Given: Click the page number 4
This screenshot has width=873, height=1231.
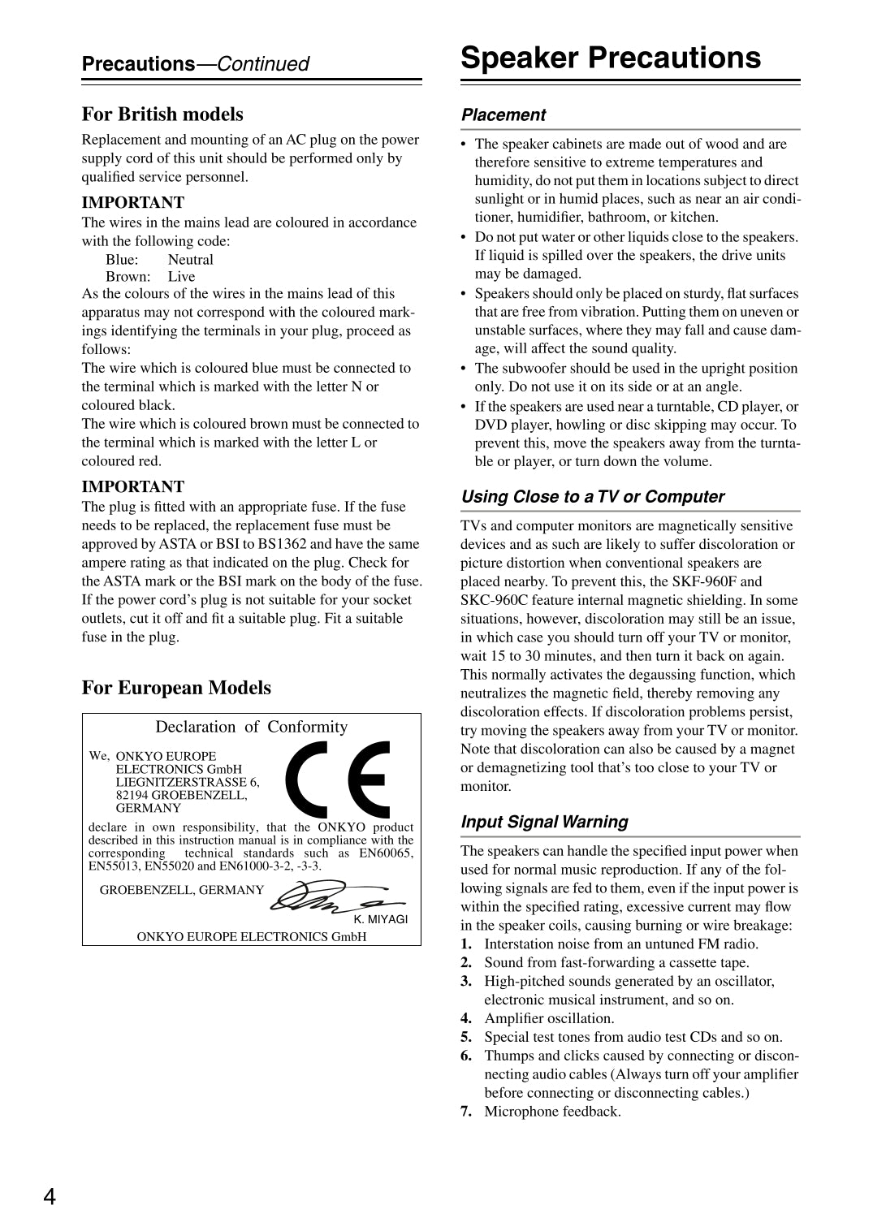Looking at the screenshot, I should pos(50,1196).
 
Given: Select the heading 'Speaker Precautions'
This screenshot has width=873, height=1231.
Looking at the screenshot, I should pos(611,58).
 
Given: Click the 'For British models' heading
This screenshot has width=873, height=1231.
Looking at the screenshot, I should pos(162,114).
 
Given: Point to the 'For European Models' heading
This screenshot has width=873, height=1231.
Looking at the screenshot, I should pos(176,688).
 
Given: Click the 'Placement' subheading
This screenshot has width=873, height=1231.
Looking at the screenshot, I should pos(503,115).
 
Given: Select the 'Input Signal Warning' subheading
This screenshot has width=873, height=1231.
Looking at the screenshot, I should pos(544,822).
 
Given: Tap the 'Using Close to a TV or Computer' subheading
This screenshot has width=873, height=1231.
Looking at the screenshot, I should pos(593,497).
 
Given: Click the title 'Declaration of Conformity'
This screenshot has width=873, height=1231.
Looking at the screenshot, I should pos(251,727).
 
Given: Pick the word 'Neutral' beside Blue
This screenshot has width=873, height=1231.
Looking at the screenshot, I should pos(191,260).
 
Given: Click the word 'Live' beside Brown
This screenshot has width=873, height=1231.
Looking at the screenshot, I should pos(182,277).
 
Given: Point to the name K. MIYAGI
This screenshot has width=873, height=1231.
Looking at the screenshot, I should pos(380,919).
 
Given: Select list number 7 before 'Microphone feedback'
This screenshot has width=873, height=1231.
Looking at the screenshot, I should pos(466,1112).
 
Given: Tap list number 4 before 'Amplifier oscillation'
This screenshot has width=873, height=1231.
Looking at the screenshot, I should pos(466,1018).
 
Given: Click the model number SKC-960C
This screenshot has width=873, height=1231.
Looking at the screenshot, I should pos(491,600).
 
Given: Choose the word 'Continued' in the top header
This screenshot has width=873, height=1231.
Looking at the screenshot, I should pos(263,64).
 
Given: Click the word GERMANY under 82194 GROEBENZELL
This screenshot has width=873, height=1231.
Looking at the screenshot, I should pos(149,808).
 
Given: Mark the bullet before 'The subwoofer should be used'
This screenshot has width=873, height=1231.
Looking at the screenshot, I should pos(464,369).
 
